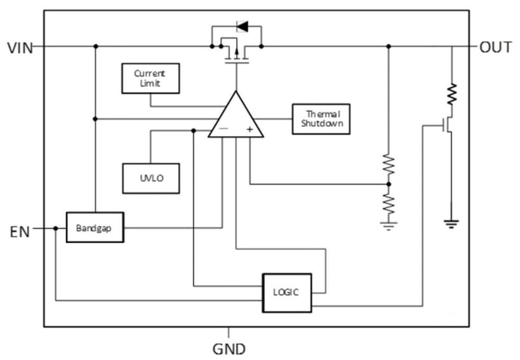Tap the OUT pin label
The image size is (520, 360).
pos(495,47)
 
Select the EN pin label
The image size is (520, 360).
pos(20,232)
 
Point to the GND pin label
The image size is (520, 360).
pos(229,349)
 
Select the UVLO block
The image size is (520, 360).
pos(151,178)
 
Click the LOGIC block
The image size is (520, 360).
pos(286,293)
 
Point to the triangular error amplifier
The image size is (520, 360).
pos(236,117)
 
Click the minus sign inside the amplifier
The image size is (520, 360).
pos(223,129)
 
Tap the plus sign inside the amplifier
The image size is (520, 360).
pos(250,129)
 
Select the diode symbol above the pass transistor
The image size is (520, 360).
pos(242,27)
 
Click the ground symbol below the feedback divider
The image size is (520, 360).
pos(389,224)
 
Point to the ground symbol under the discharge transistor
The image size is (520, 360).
pos(451,223)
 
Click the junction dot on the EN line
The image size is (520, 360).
pos(56,229)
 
